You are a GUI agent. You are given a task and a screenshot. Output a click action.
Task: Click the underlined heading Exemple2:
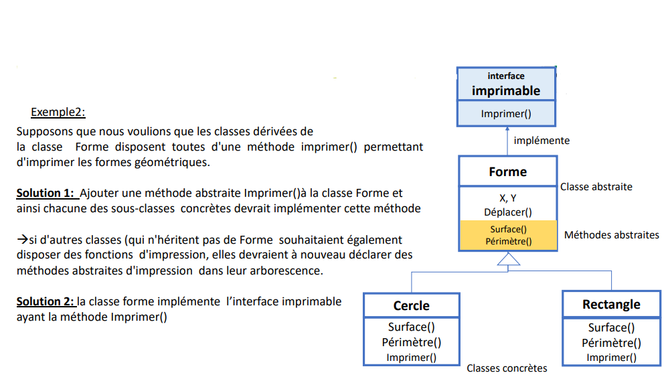[x=58, y=112]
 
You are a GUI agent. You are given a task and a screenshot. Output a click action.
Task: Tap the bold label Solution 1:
[x=46, y=194]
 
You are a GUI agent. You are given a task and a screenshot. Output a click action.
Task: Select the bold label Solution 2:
[x=46, y=302]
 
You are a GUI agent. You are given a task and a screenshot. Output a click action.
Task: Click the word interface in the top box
[x=506, y=76]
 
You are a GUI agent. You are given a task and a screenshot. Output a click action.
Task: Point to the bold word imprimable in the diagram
[x=506, y=90]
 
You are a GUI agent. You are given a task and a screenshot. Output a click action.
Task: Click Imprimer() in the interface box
[x=506, y=114]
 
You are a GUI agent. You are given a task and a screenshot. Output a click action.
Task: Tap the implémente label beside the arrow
[x=542, y=140]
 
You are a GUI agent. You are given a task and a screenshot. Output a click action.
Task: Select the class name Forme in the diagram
[x=508, y=171]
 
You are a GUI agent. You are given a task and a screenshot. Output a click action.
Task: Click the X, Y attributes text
[x=508, y=198]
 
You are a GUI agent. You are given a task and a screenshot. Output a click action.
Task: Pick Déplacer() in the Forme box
[x=508, y=212]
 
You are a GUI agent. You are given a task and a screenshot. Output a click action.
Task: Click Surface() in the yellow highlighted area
[x=509, y=229]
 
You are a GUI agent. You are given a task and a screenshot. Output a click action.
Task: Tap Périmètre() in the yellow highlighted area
[x=509, y=242]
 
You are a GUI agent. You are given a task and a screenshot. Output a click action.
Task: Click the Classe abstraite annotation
[x=596, y=187]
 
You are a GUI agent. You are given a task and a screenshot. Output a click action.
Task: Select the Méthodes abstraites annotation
[x=612, y=235]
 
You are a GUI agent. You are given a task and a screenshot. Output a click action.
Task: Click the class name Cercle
[x=411, y=305]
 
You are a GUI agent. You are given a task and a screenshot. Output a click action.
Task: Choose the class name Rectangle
[x=611, y=304]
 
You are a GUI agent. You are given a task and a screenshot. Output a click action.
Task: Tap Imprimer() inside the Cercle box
[x=411, y=358]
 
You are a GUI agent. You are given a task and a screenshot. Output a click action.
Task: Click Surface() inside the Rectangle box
[x=611, y=327]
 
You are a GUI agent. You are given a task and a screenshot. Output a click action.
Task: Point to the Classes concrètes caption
[x=507, y=368]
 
